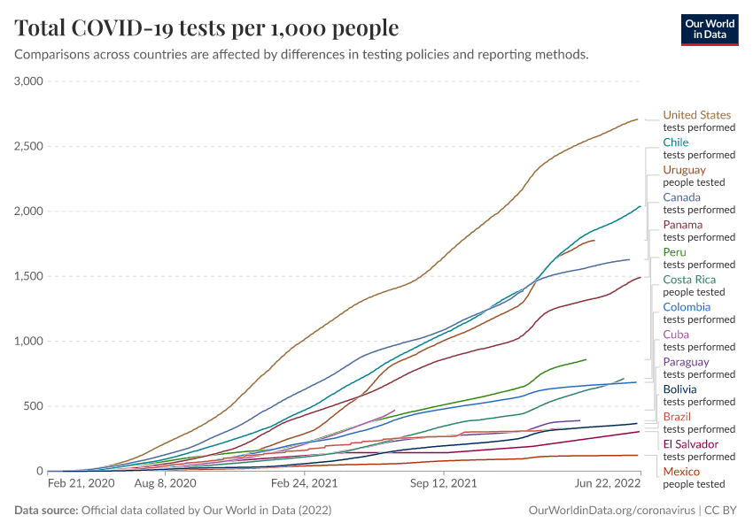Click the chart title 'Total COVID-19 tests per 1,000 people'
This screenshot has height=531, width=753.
coord(206,28)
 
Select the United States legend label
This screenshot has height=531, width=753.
coord(697,115)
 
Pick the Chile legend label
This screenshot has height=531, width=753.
coord(676,142)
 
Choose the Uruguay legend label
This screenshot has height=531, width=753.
coord(685,170)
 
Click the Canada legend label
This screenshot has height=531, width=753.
coord(682,197)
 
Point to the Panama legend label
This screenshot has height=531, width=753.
coord(683,225)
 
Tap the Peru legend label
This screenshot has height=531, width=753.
coord(674,252)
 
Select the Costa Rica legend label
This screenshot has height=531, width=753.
coord(689,280)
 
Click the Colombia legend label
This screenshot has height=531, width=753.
coord(687,307)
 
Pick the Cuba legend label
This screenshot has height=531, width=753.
coord(676,335)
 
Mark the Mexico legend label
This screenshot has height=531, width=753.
coord(681,472)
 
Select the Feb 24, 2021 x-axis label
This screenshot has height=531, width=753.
coord(304,484)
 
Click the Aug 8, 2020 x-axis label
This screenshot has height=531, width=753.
coord(165,484)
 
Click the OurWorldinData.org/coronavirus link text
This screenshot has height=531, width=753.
coord(610,511)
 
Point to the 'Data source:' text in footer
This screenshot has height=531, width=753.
coord(45,511)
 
